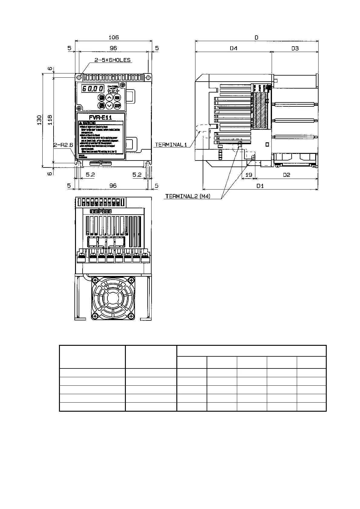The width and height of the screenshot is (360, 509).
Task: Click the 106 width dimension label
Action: (113, 37)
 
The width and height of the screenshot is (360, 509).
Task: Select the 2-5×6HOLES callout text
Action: (112, 60)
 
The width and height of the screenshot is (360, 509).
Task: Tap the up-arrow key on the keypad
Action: (110, 98)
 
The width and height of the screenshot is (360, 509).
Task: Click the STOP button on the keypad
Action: (117, 106)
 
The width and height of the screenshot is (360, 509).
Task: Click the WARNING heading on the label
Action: (88, 123)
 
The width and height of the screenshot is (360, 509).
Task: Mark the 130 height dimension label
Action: (39, 120)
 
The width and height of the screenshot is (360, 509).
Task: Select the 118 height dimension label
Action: (50, 120)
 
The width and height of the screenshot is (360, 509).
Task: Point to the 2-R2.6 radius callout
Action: (64, 145)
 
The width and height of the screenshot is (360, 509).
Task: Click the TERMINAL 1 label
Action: (169, 145)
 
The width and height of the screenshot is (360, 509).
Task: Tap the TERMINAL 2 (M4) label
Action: (188, 196)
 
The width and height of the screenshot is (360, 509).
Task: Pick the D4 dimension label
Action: (233, 48)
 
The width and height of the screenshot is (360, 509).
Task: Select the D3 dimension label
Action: (295, 48)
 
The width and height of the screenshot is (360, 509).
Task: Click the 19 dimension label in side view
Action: (248, 175)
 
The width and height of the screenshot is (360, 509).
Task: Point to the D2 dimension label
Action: (286, 175)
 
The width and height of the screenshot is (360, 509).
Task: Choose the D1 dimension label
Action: (260, 186)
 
